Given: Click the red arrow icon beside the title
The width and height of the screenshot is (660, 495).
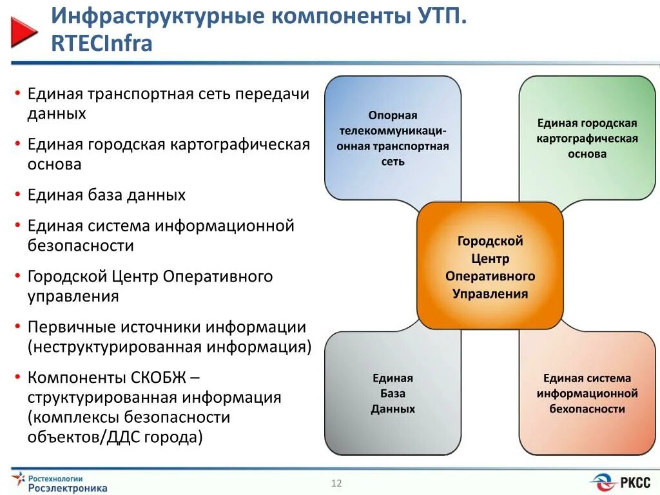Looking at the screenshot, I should coord(24,32).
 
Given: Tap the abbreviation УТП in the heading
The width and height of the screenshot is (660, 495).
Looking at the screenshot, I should coord(436,15).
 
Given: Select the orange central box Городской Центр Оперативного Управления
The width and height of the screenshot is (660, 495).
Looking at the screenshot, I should coord(490,267).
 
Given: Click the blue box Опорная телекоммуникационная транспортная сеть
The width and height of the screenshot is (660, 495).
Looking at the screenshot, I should coord(393,138).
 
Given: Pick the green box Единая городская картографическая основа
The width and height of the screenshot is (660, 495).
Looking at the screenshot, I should coord(587,138).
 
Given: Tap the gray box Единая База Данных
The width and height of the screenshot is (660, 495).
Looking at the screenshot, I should coord(393,393).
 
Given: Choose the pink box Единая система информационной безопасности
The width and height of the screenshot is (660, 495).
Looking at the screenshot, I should coord(587,393).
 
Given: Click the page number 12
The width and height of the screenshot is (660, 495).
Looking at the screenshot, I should coord(336,483).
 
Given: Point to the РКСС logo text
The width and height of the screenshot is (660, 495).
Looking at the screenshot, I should coord(636,482).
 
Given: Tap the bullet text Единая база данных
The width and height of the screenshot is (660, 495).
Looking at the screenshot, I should coord(106,195).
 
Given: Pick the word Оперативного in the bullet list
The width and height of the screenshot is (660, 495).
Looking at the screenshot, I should coord(218,277).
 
